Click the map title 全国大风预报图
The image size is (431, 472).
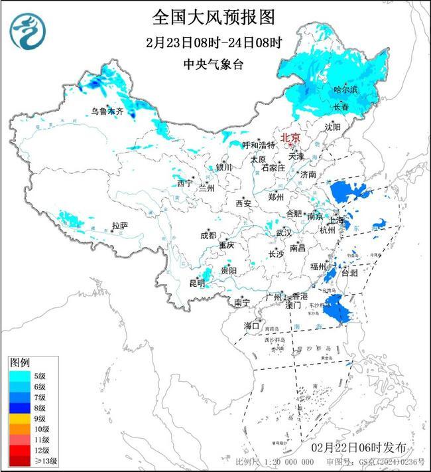213,16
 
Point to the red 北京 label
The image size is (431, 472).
290,138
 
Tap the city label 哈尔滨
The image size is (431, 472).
345,89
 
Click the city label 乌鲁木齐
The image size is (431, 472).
107,112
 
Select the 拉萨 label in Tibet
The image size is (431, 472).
119,226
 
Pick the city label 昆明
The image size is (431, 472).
198,283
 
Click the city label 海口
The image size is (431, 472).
251,325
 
